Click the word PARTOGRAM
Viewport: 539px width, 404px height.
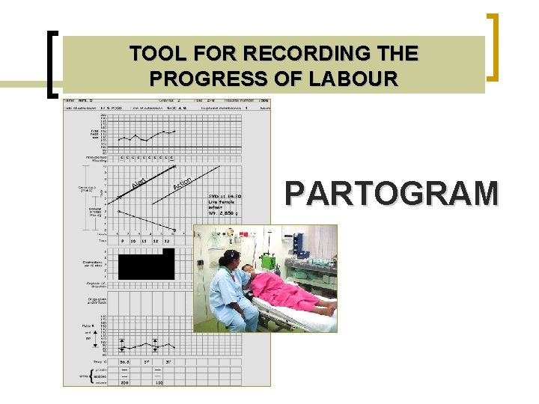[392, 194]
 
